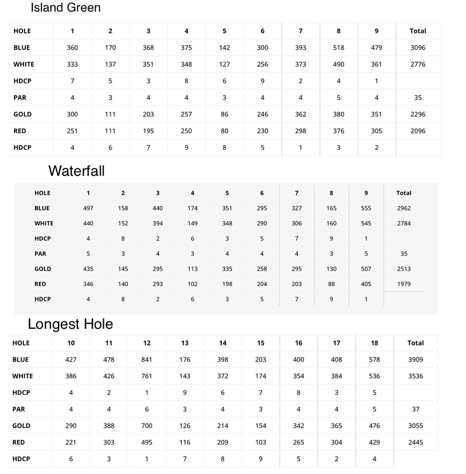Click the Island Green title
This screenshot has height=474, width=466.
pyautogui.click(x=65, y=7)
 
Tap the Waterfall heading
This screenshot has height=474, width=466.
pyautogui.click(x=76, y=171)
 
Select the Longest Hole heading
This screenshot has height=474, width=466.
pyautogui.click(x=70, y=324)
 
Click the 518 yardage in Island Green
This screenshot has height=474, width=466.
pyautogui.click(x=338, y=48)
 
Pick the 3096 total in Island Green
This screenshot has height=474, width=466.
pyautogui.click(x=418, y=48)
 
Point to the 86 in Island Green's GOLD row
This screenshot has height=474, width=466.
pyautogui.click(x=224, y=114)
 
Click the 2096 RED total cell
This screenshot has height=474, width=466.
pyautogui.click(x=418, y=131)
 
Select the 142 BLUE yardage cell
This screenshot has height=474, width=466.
pyautogui.click(x=224, y=48)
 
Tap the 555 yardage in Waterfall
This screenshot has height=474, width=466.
pyautogui.click(x=366, y=208)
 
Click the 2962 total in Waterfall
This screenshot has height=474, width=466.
pyautogui.click(x=404, y=208)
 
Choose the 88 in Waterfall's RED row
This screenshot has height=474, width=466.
pyautogui.click(x=331, y=284)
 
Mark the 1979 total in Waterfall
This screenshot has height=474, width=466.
pyautogui.click(x=404, y=284)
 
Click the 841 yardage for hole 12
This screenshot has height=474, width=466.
pyautogui.click(x=147, y=359)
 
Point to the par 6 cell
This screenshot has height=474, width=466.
pyautogui.click(x=147, y=409)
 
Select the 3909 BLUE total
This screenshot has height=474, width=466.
pyautogui.click(x=415, y=359)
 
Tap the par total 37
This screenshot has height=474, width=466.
pyautogui.click(x=415, y=409)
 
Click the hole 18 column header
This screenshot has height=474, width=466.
pyautogui.click(x=374, y=343)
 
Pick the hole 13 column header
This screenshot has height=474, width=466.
pyautogui.click(x=185, y=343)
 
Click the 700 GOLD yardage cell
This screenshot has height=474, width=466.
pyautogui.click(x=147, y=426)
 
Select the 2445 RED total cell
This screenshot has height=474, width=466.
pyautogui.click(x=415, y=442)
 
